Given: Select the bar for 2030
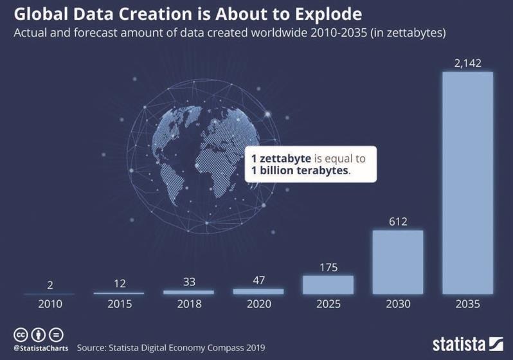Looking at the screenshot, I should tap(398, 262).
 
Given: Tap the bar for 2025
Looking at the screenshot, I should tap(328, 284).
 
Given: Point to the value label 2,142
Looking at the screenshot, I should tap(467, 62).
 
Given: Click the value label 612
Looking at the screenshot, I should tap(398, 221).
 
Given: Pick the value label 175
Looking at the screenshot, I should tap(328, 267).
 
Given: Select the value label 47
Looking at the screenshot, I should tap(258, 280).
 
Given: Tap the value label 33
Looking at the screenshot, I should tap(188, 282).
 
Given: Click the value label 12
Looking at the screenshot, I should tap(119, 283).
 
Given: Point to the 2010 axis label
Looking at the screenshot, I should tap(50, 304).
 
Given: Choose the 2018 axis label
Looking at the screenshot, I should tap(188, 304).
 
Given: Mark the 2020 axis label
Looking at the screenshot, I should tap(258, 304).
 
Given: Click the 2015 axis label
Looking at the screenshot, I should tap(119, 304).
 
